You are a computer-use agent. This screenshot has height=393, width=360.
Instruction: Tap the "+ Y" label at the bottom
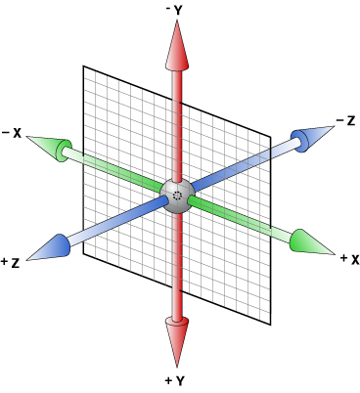click(x=177, y=378)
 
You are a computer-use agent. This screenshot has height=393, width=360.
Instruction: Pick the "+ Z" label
click(x=12, y=262)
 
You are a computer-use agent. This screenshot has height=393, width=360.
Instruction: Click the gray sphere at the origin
click(x=177, y=194)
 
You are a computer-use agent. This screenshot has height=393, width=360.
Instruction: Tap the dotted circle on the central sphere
click(x=177, y=196)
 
